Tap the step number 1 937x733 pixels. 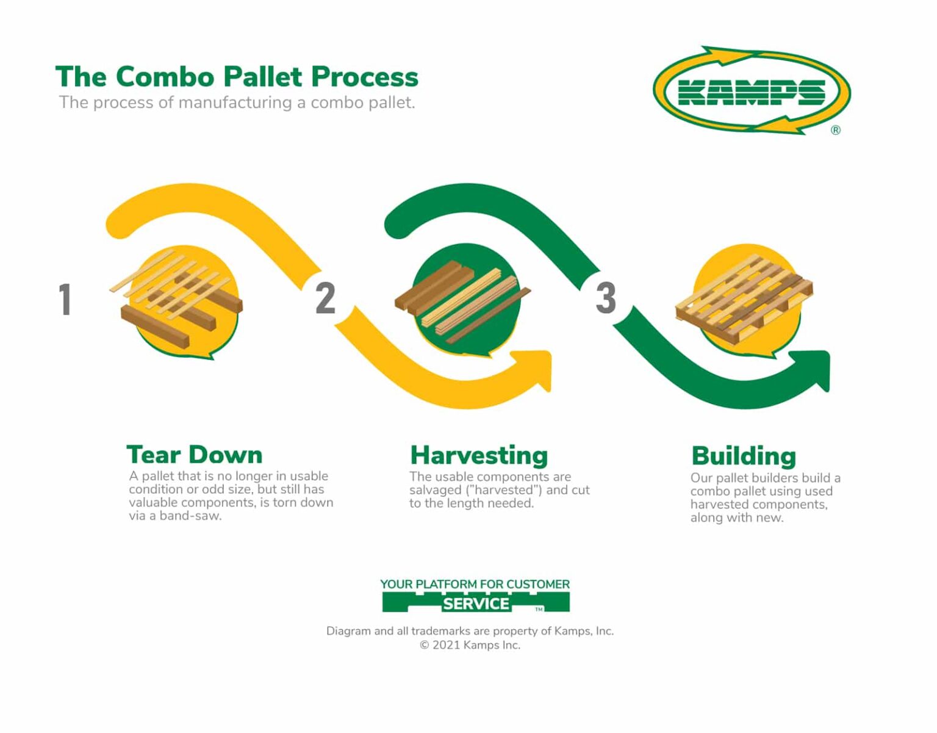coord(65,299)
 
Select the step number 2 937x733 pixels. coord(325,298)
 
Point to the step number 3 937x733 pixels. coord(605,298)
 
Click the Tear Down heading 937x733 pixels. coord(194,455)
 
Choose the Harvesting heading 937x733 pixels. coord(479,455)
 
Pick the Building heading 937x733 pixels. coord(744,456)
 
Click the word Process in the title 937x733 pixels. coord(364,77)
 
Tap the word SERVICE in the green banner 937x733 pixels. coord(476,604)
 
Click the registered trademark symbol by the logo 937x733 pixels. coord(835,130)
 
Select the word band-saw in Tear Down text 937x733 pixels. coord(190,516)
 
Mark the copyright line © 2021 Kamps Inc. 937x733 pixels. coord(470,645)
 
